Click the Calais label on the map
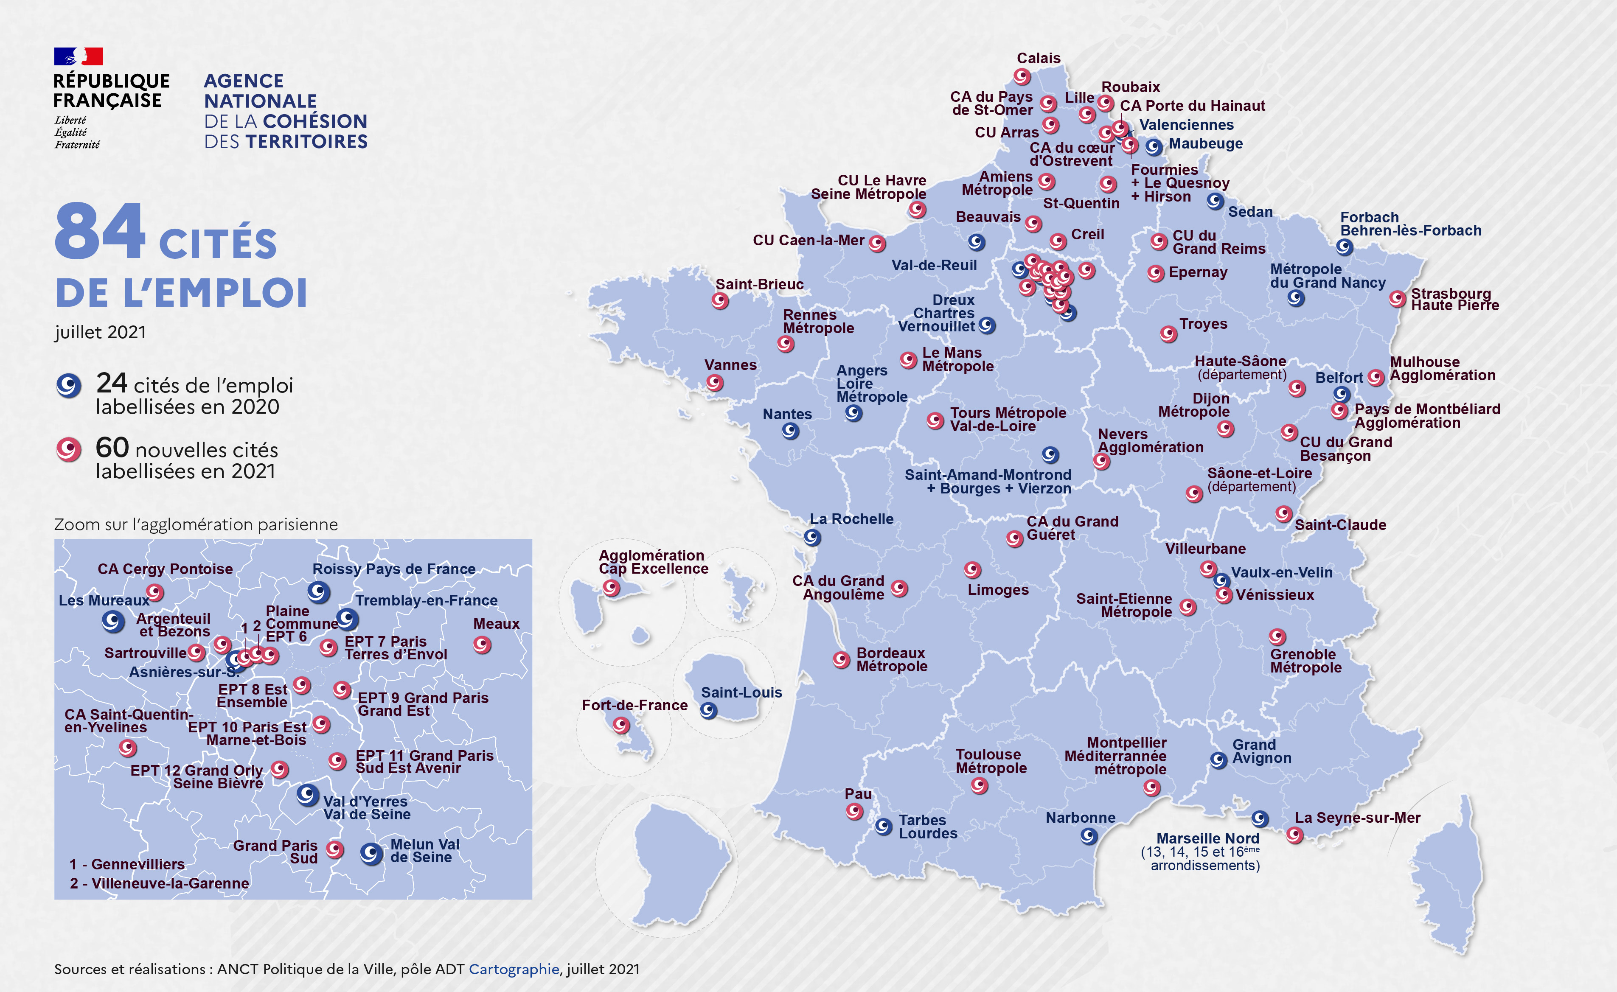tap(1038, 59)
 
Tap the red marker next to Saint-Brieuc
tap(720, 301)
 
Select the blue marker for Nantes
tap(790, 431)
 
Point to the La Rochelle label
tap(851, 519)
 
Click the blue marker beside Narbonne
tap(1089, 836)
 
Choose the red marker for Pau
tap(854, 812)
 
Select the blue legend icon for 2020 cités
tap(68, 385)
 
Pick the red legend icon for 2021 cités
tap(68, 449)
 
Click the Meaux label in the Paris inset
tap(496, 624)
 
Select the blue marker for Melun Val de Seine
tap(371, 854)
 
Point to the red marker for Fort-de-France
tap(621, 725)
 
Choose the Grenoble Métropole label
tap(1305, 661)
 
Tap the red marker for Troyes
tap(1168, 334)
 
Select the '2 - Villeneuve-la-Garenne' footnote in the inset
tap(160, 883)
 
